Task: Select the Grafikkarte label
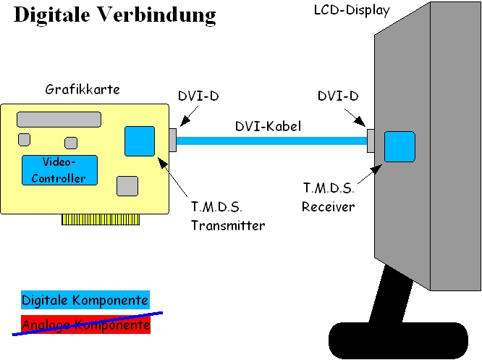83,90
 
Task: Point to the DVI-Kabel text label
268,126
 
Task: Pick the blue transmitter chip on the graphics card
140,141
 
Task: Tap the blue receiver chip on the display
399,146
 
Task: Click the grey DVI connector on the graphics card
172,141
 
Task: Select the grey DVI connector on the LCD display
371,141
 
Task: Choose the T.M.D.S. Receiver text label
329,198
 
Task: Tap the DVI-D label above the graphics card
198,96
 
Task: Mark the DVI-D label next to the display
338,96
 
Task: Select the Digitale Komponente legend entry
85,300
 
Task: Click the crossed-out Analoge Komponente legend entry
85,325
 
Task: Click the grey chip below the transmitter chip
127,186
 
